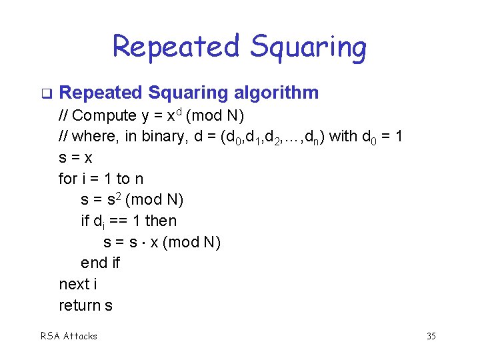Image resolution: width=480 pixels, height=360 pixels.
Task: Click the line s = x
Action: (x=76, y=158)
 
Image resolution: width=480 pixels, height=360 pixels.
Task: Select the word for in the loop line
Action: (x=67, y=179)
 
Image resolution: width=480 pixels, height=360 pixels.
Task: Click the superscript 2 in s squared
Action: (x=117, y=195)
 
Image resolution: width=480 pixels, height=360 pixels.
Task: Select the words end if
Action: (x=100, y=263)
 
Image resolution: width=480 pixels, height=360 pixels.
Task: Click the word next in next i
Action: (x=74, y=284)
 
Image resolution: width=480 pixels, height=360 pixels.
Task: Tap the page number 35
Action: (x=431, y=336)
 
